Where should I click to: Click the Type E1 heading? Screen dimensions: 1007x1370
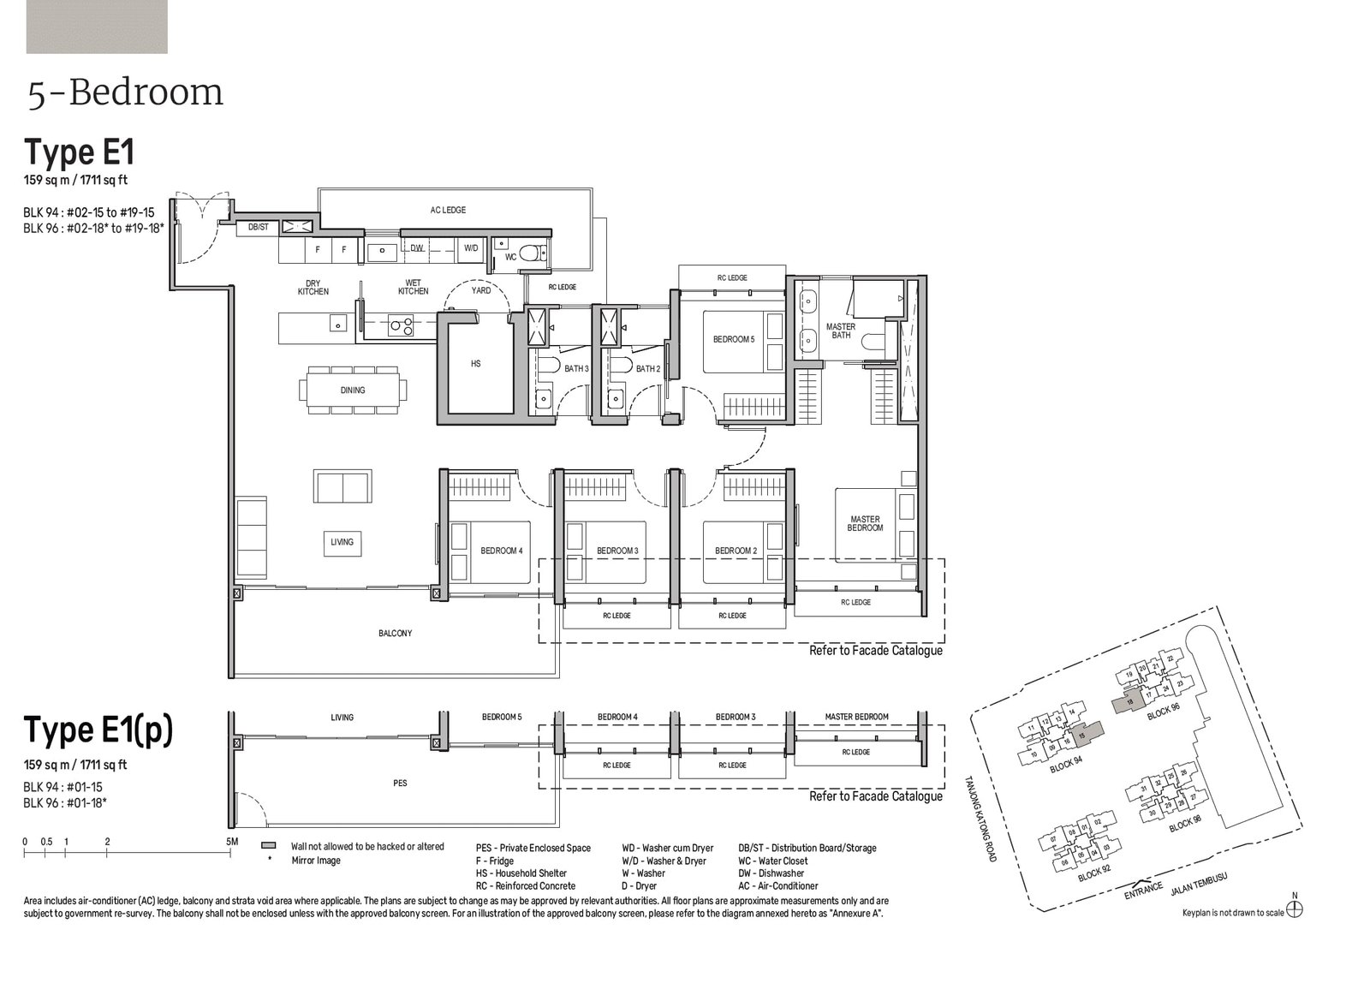pyautogui.click(x=79, y=153)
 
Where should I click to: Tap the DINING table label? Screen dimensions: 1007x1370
pyautogui.click(x=352, y=390)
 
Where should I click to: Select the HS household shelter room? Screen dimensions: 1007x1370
pyautogui.click(x=476, y=364)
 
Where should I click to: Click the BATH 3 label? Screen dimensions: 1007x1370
pyautogui.click(x=576, y=369)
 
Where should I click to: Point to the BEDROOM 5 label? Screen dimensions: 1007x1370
pyautogui.click(x=734, y=340)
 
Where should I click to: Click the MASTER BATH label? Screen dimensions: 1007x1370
pyautogui.click(x=841, y=331)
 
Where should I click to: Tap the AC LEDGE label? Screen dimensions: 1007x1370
pyautogui.click(x=448, y=210)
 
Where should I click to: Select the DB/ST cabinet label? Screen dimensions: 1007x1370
pyautogui.click(x=258, y=228)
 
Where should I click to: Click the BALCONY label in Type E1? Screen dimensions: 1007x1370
pyautogui.click(x=395, y=634)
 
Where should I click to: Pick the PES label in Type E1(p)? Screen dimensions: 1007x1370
pyautogui.click(x=400, y=784)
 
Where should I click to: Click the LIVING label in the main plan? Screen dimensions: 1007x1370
pyautogui.click(x=342, y=542)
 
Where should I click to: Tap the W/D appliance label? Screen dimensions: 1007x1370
pyautogui.click(x=471, y=248)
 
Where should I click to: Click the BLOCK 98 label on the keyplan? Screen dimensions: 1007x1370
pyautogui.click(x=1185, y=825)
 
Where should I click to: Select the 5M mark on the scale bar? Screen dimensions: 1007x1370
pyautogui.click(x=232, y=842)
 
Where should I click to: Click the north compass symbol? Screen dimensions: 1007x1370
pyautogui.click(x=1295, y=909)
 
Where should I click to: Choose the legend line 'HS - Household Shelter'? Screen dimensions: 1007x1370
pyautogui.click(x=521, y=873)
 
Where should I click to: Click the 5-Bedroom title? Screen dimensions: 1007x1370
pyautogui.click(x=126, y=93)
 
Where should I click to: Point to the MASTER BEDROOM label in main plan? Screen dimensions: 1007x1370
pyautogui.click(x=865, y=523)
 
